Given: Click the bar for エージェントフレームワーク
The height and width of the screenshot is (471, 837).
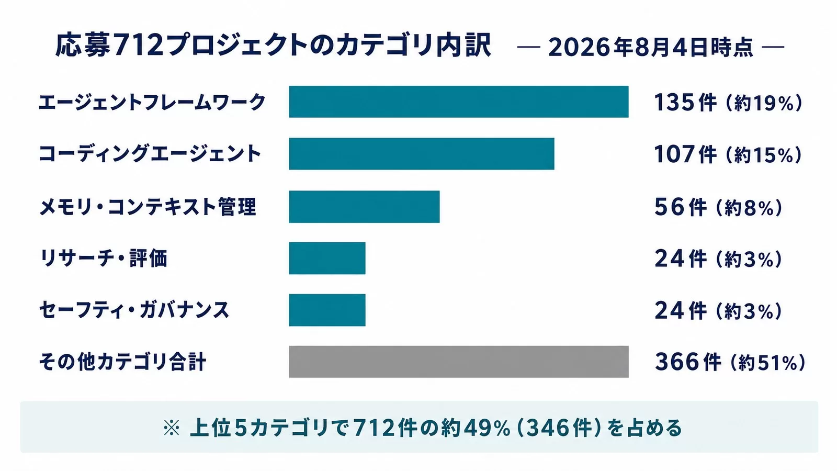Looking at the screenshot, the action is point(458,102).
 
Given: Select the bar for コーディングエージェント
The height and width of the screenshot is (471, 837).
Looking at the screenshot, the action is point(422,154).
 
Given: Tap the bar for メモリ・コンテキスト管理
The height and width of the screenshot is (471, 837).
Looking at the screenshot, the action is point(364,207).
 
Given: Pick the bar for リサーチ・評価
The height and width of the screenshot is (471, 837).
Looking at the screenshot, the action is point(327,259).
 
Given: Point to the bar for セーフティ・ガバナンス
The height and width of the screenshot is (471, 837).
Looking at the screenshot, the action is point(327,310).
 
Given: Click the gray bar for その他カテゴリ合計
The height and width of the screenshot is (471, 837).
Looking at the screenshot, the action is point(458,362).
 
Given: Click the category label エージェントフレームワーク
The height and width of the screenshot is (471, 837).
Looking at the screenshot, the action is point(152,102).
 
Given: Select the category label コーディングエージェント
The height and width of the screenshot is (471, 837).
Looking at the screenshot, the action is point(150,154).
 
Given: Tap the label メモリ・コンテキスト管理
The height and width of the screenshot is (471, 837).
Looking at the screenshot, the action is point(148,207).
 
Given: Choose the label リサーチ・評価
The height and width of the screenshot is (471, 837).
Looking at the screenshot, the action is point(104,259).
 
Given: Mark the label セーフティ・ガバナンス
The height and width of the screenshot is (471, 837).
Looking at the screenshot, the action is point(134,310).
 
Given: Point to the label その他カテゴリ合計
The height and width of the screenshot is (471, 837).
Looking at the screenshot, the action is point(122,362).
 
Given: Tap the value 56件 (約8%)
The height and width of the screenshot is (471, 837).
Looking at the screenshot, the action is point(719,207).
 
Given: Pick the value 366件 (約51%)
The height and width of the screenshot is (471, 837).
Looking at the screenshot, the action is point(730,362).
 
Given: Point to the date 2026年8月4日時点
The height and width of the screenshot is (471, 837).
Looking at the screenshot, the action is point(651,48).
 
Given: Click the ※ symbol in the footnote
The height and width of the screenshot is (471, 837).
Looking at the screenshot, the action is point(172,428).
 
